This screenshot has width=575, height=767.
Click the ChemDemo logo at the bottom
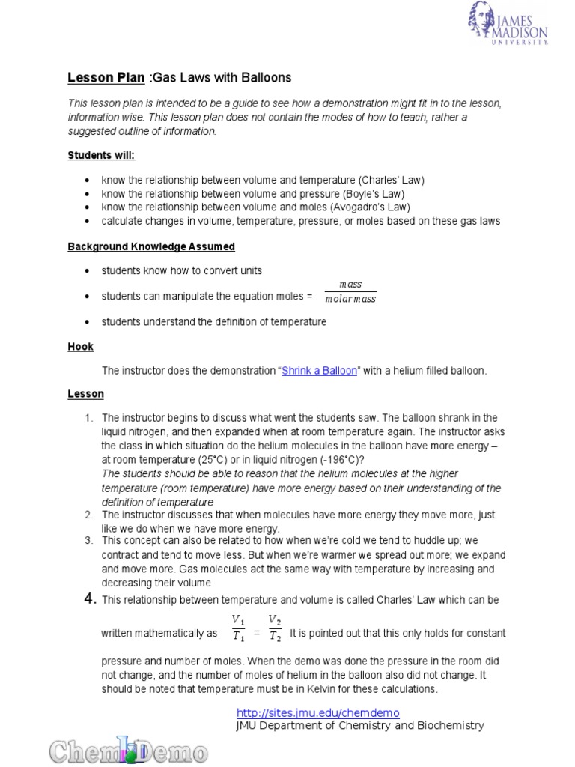[129, 750]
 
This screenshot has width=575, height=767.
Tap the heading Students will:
[101, 156]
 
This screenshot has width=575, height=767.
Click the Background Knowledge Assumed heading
[151, 246]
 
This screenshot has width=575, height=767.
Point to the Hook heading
[80, 347]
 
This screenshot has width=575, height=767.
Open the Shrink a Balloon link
[319, 371]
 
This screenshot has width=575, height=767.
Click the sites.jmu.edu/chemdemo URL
[317, 713]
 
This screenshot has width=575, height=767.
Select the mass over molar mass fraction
[350, 291]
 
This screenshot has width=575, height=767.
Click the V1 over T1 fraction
[237, 628]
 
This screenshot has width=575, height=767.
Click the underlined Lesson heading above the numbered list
[86, 394]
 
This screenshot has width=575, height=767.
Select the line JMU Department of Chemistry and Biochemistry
[360, 725]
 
